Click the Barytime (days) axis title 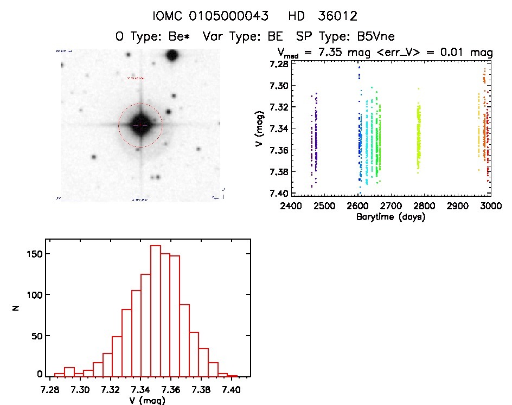391,217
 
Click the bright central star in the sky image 140,125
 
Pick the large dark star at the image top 172,55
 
